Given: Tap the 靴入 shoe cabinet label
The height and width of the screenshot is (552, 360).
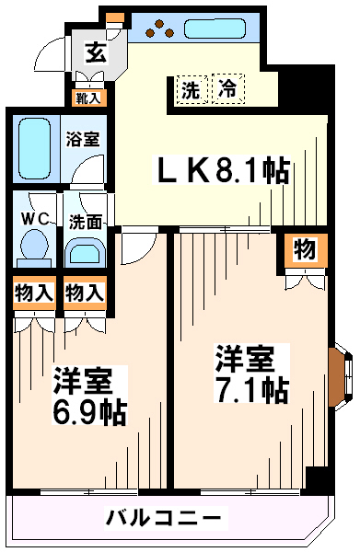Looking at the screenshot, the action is [x=88, y=98].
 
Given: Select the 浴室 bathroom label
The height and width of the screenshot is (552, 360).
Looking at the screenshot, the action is [x=83, y=139].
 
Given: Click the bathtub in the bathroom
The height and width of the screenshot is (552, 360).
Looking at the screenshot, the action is [x=34, y=148].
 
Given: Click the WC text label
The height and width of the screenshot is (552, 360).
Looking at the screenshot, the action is [x=35, y=219].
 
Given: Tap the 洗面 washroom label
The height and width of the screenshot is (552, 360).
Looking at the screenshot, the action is [x=86, y=222].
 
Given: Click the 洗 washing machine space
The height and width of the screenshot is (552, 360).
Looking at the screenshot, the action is [x=192, y=89].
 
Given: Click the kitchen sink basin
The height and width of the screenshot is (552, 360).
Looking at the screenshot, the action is [x=215, y=29].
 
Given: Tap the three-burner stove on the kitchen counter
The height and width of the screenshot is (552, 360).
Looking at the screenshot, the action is [x=159, y=29].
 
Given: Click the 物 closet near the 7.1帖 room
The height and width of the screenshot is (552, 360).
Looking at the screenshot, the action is [x=305, y=250].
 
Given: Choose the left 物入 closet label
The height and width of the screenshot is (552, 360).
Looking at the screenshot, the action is [x=34, y=293].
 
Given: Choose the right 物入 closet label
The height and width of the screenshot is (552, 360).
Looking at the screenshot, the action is [x=85, y=293].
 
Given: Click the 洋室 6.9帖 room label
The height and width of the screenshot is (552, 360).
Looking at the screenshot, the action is [x=89, y=396].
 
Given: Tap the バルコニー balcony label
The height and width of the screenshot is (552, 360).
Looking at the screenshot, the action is [x=164, y=517].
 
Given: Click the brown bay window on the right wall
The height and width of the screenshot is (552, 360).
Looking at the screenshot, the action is [x=337, y=377].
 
